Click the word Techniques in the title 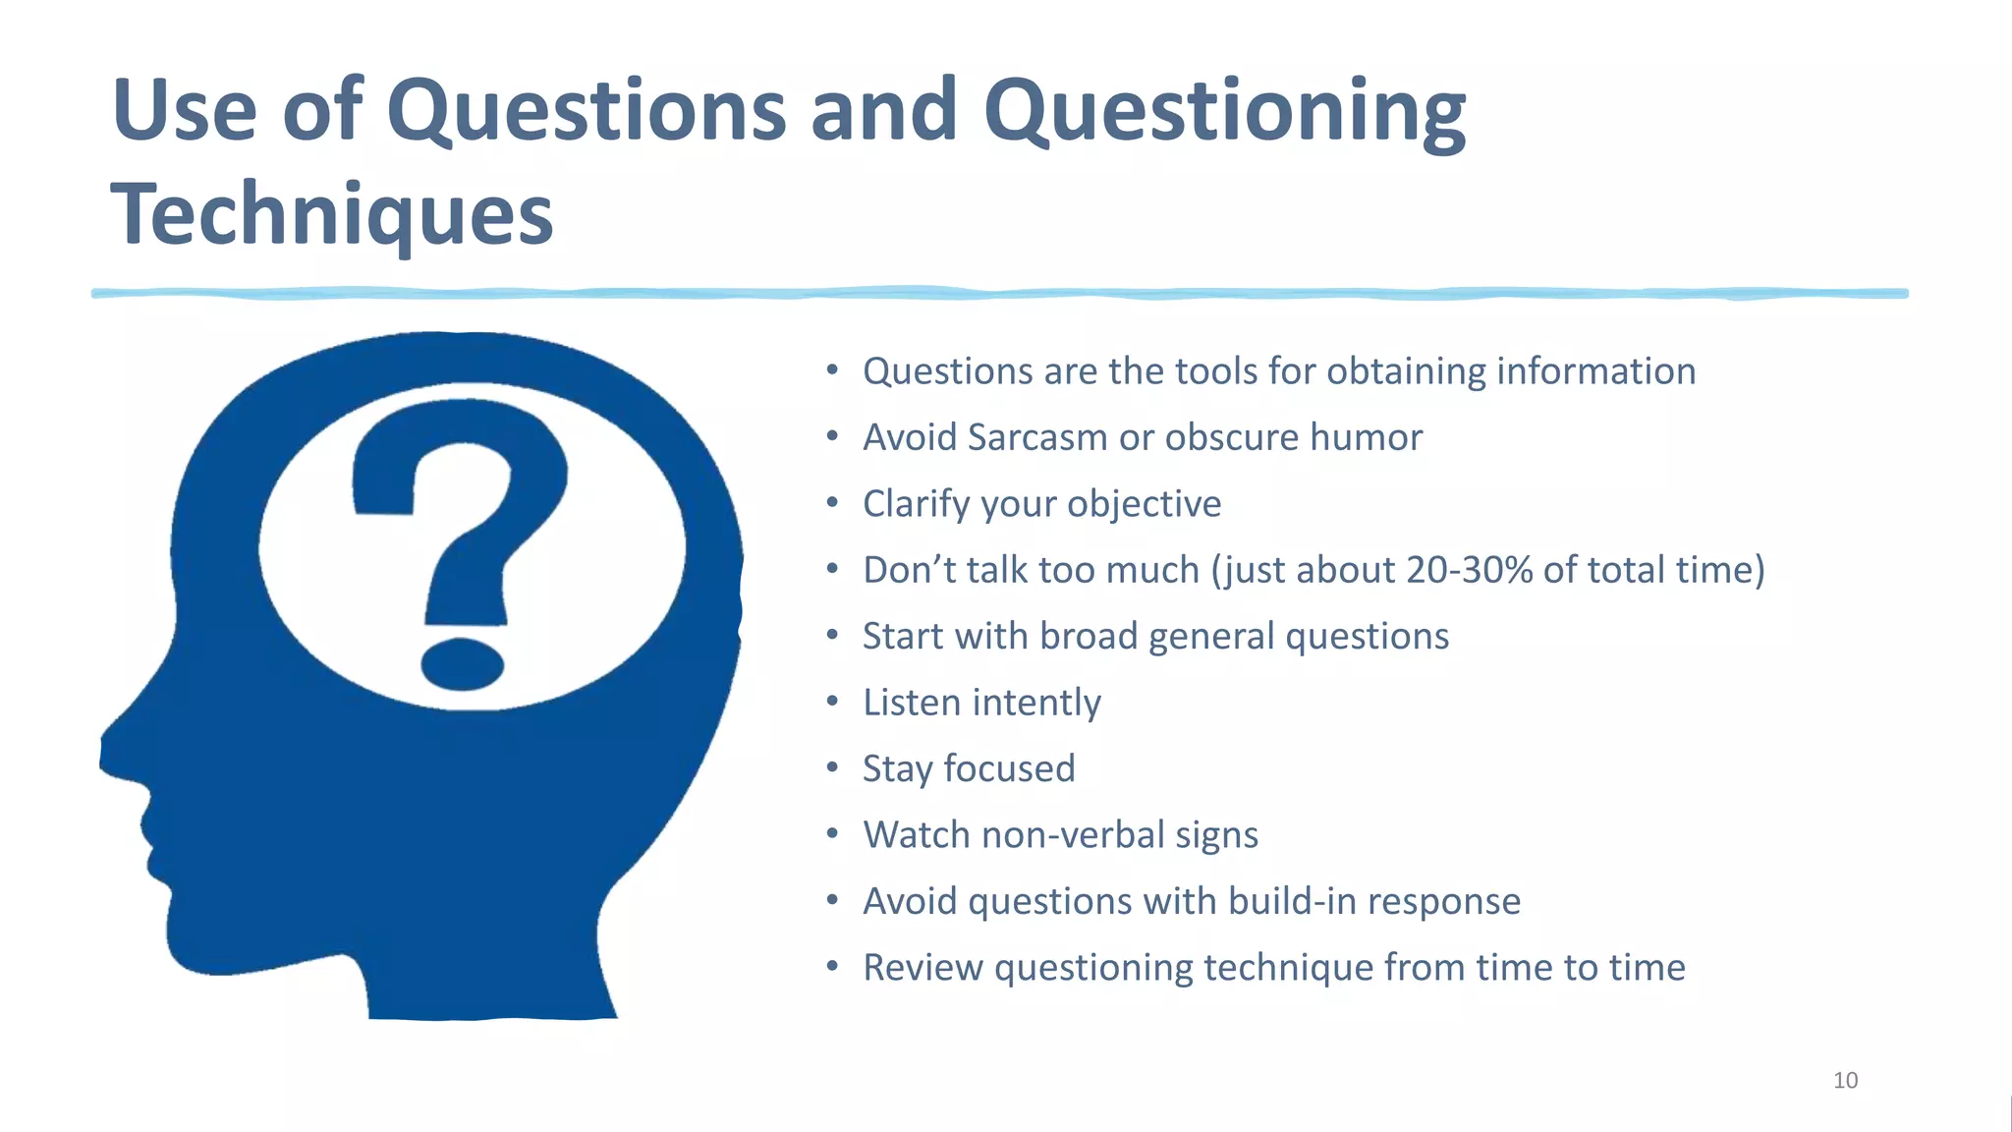(332, 214)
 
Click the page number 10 (1845, 1081)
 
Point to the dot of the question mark (462, 663)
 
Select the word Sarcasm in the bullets (1037, 437)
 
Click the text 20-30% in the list (1469, 570)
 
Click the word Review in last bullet (922, 967)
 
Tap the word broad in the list (1089, 636)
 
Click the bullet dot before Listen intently (832, 702)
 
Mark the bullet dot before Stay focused (832, 767)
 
